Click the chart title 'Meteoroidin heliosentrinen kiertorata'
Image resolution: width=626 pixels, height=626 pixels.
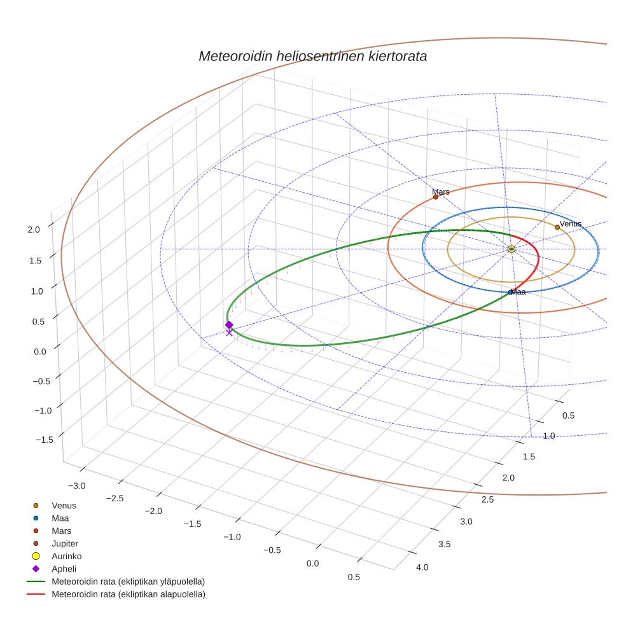(312, 56)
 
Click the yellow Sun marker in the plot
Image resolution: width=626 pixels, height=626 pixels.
(511, 249)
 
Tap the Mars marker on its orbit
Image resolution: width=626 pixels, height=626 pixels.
(436, 197)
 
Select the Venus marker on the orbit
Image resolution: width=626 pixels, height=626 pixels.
(557, 227)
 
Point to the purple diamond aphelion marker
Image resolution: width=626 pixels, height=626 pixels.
(229, 324)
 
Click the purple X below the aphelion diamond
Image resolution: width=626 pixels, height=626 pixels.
(229, 333)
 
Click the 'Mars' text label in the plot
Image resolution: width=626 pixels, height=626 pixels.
(441, 191)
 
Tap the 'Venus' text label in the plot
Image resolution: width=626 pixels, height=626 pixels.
(571, 223)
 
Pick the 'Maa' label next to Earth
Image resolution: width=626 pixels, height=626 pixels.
(518, 292)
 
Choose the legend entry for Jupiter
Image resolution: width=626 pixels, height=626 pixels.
(65, 543)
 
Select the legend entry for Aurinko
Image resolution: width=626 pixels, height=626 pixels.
(66, 556)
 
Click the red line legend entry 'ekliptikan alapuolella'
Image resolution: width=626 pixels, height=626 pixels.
(128, 594)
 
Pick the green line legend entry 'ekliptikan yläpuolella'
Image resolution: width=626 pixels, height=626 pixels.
(128, 581)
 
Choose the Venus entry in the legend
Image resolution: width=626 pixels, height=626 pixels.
(64, 506)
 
